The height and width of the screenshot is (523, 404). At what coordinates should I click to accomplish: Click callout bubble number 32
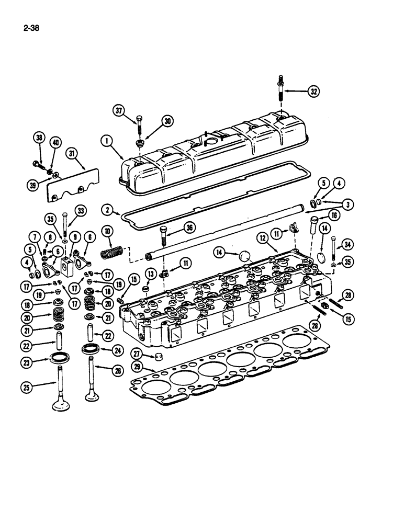328,92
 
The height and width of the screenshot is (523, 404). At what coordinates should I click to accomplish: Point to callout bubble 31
72,153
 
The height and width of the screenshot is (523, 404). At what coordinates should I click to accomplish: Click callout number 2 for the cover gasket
107,210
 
